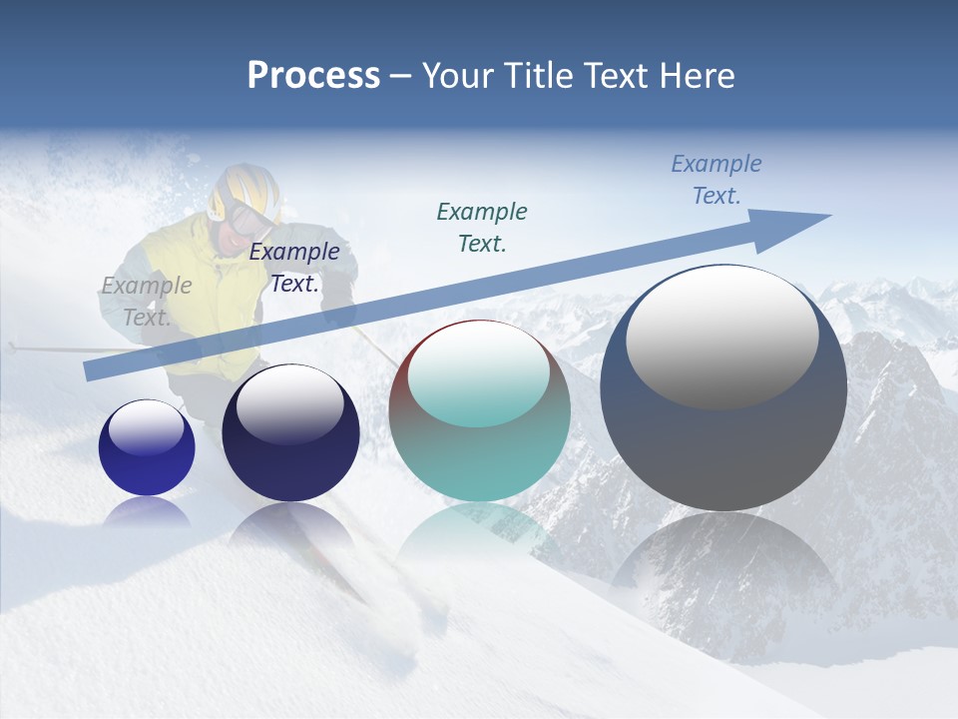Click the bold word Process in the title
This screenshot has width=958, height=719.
313,76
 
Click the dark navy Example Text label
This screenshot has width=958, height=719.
294,268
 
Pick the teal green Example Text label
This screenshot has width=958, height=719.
482,227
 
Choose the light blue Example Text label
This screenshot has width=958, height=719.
716,180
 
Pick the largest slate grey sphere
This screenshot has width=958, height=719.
723,439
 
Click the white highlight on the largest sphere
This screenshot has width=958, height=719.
721,336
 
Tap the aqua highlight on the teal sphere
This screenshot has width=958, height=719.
478,374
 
